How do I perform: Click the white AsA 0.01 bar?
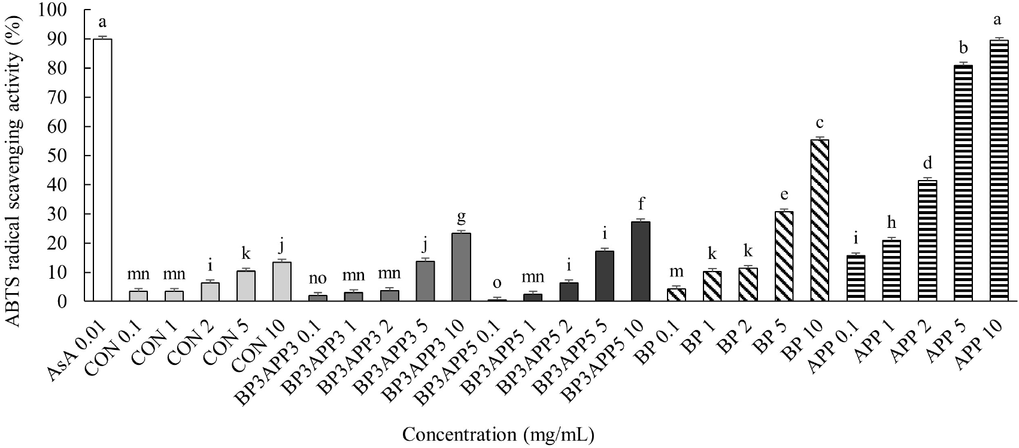pos(102,170)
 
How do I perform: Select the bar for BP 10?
pos(820,221)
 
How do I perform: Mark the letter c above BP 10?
pos(820,124)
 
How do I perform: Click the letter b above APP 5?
pos(963,48)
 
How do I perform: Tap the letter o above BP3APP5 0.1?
pos(497,283)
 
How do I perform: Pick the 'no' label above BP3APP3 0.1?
pos(317,278)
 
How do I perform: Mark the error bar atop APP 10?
pos(999,39)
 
